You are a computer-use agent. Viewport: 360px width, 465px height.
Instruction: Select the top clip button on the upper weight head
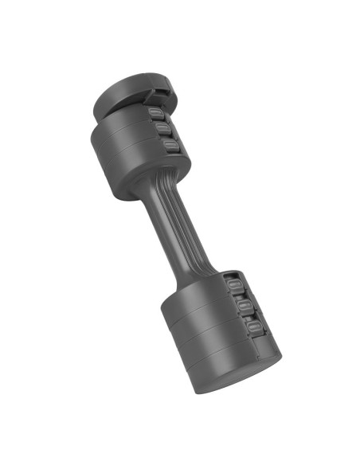(x=156, y=112)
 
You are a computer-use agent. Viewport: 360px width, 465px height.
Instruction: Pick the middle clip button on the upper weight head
(x=162, y=128)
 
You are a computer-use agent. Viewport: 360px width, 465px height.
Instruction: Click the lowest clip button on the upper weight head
(x=169, y=144)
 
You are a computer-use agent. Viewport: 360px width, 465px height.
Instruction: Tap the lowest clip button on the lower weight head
(x=250, y=326)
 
